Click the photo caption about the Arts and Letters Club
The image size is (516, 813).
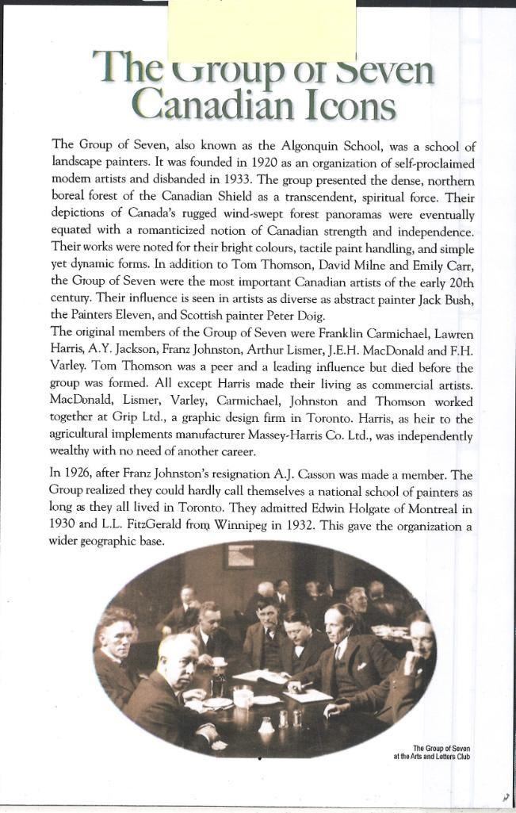[433, 752]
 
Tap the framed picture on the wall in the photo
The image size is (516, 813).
[238, 555]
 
